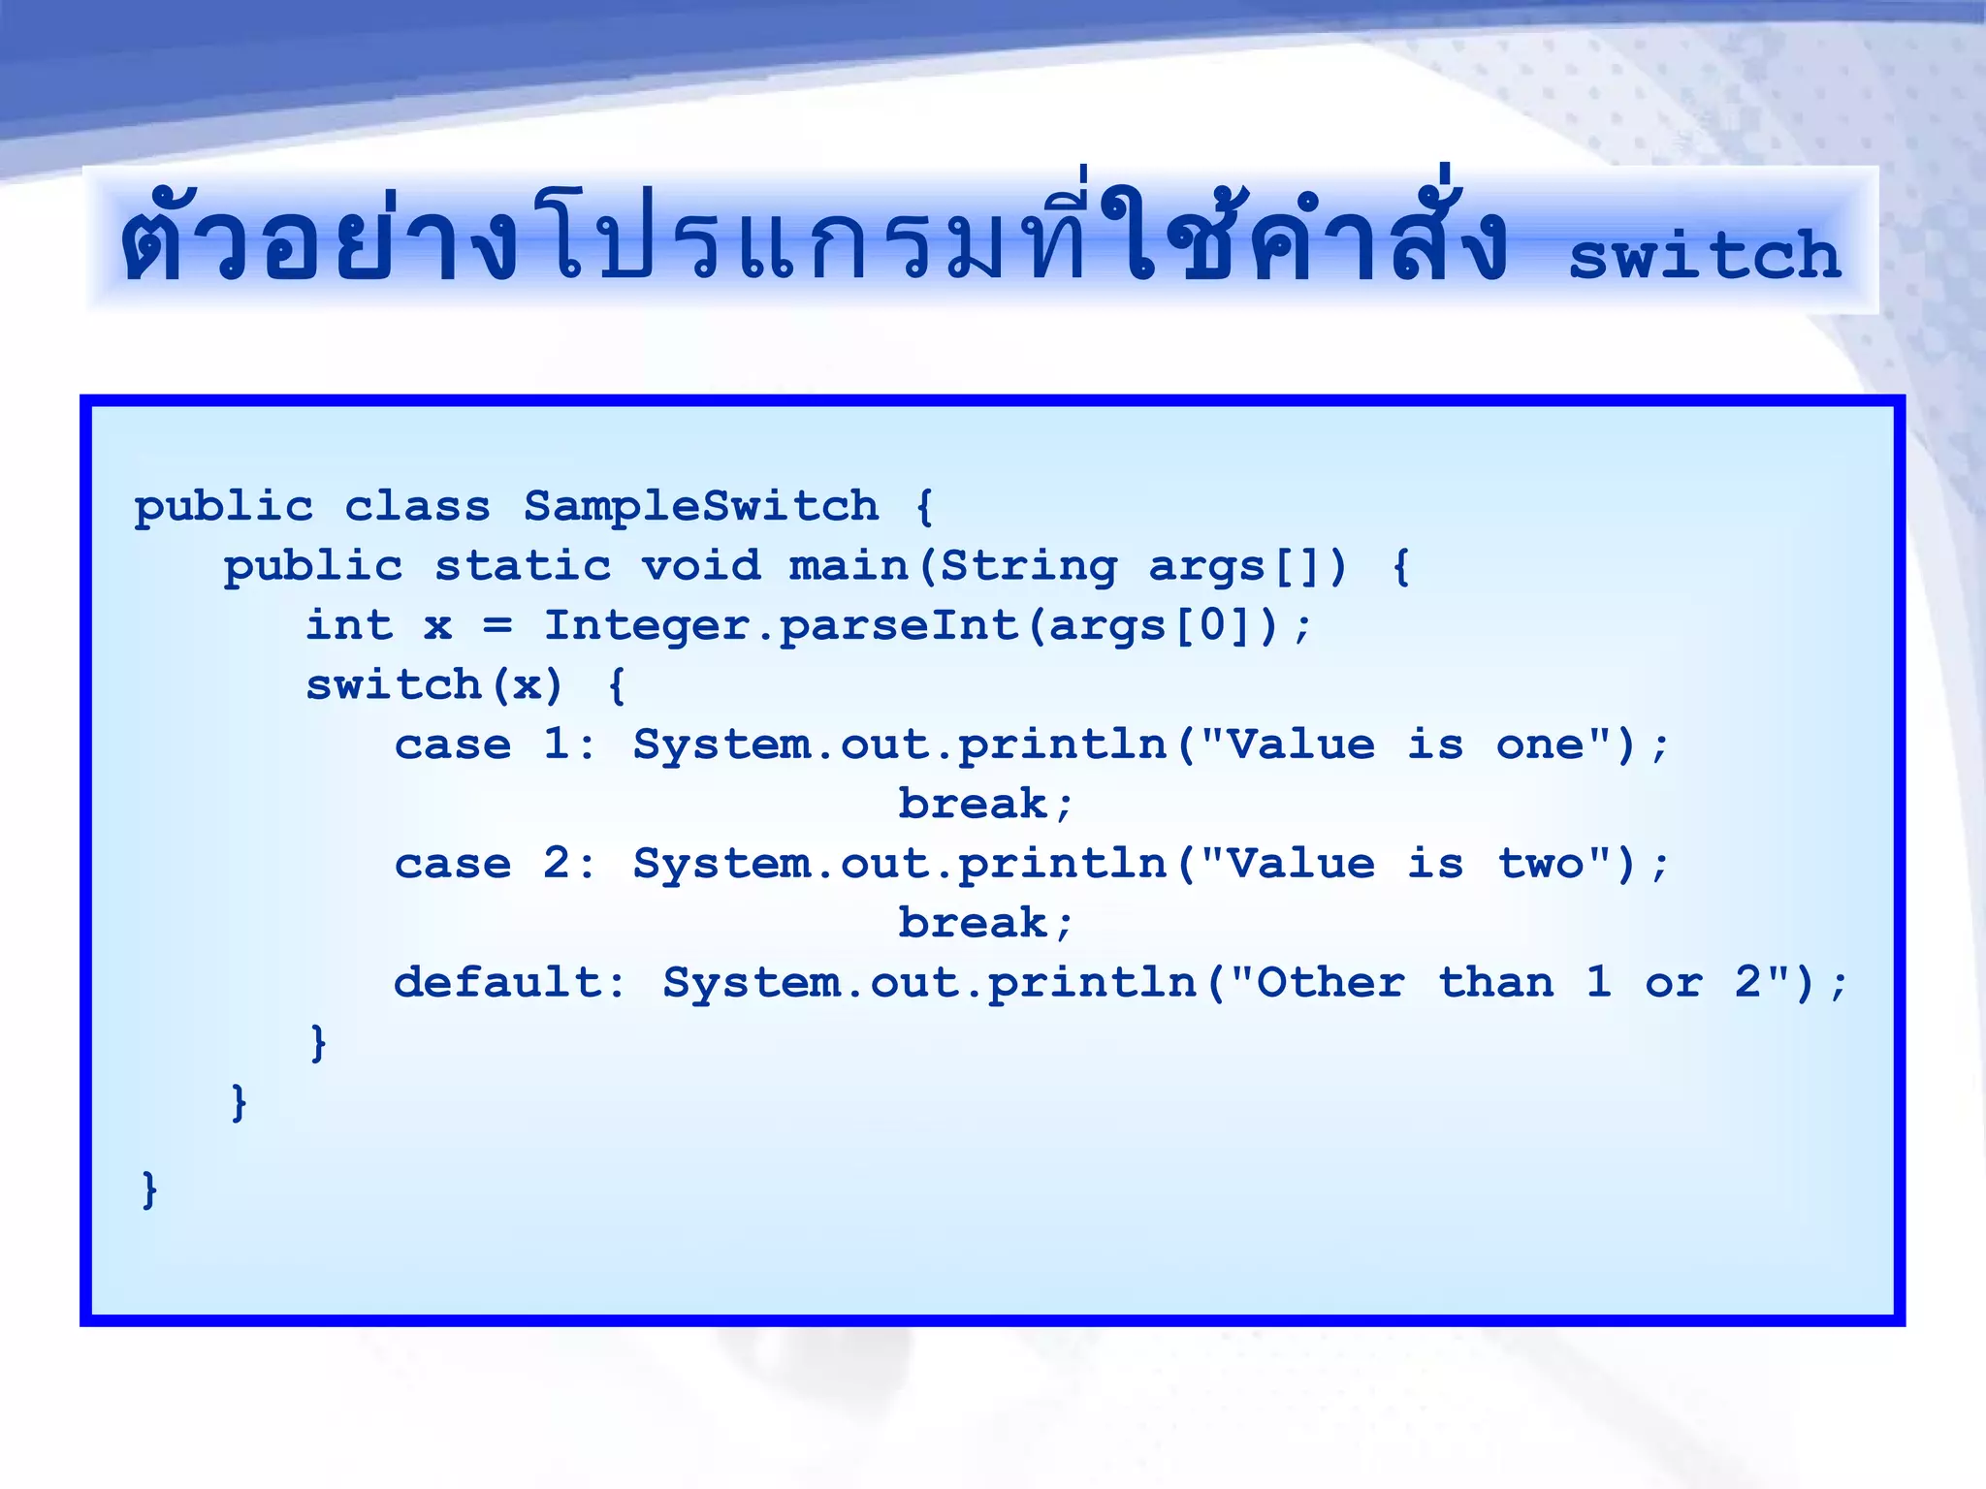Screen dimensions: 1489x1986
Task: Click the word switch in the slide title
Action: point(1704,257)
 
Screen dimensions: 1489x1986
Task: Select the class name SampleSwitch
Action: point(701,506)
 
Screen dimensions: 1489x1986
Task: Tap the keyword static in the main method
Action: point(523,566)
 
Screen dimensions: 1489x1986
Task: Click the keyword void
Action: point(701,566)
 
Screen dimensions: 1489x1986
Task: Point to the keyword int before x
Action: point(350,625)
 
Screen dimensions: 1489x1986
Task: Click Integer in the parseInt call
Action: point(648,625)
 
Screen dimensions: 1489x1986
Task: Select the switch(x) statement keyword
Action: point(394,685)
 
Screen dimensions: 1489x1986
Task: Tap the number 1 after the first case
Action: point(556,744)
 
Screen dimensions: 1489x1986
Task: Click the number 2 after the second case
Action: point(556,864)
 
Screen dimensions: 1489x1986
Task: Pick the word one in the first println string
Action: point(1540,744)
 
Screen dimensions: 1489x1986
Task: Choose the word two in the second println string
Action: point(1540,864)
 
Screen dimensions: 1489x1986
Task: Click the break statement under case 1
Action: point(973,805)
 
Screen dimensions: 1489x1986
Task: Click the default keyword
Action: point(497,983)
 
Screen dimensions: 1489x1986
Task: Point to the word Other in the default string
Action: point(1330,983)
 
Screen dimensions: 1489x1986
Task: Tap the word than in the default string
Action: point(1495,983)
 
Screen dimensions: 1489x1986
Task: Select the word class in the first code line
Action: point(418,506)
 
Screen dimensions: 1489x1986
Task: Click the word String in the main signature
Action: point(1029,566)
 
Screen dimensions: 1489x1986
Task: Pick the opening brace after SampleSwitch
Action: point(924,506)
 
